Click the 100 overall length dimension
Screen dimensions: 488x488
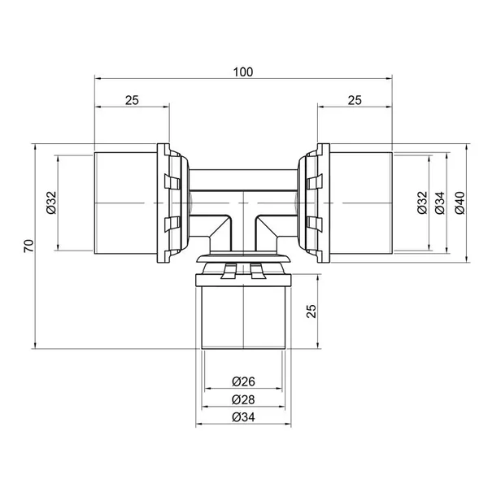pyautogui.click(x=243, y=72)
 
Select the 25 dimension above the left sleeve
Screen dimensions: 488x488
pyautogui.click(x=132, y=100)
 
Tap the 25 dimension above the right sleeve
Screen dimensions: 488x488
pyautogui.click(x=355, y=100)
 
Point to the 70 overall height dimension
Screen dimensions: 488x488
pyautogui.click(x=29, y=246)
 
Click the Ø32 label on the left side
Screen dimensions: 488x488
pyautogui.click(x=52, y=203)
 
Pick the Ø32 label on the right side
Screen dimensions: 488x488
pyautogui.click(x=422, y=203)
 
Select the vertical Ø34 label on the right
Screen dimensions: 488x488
pyautogui.click(x=440, y=203)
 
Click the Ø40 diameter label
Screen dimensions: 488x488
pyautogui.click(x=460, y=203)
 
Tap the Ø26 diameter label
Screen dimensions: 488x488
pyautogui.click(x=243, y=381)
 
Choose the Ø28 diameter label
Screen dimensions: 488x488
pyautogui.click(x=243, y=399)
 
